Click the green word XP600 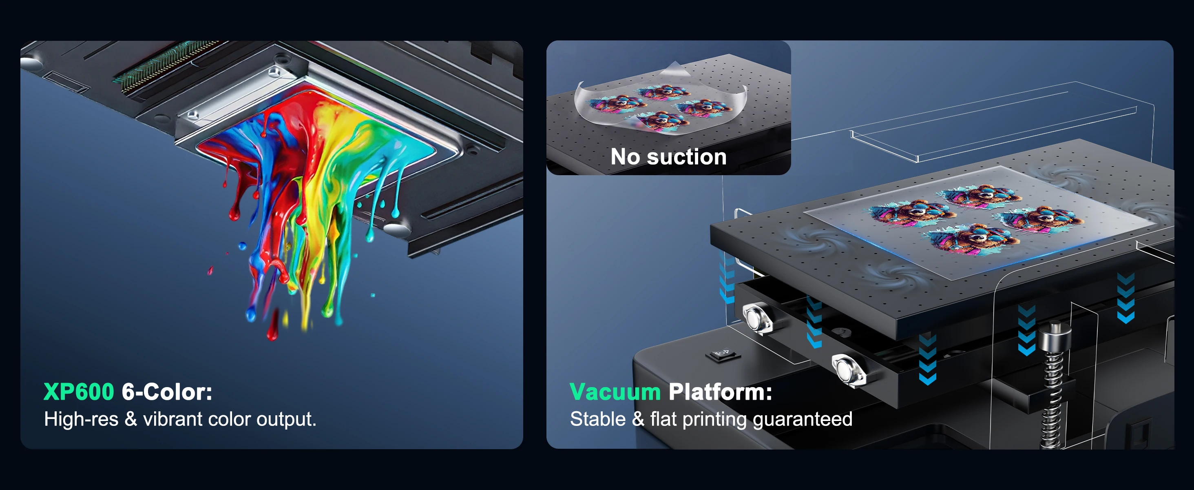(78, 392)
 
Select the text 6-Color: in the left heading (167, 392)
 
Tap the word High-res (81, 419)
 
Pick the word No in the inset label (625, 157)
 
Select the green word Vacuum (615, 392)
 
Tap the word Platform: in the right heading (720, 392)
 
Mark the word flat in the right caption (664, 419)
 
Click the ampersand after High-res (131, 419)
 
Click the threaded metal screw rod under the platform (1052, 390)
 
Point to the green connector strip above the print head (167, 65)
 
